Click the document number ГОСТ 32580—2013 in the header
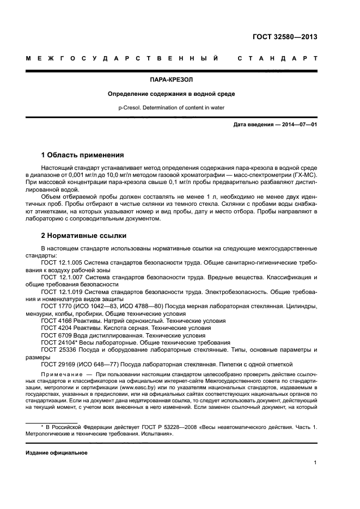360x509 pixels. [285, 37]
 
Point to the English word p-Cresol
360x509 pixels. [131, 108]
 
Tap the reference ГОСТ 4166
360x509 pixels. [57, 321]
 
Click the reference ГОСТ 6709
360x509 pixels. [57, 335]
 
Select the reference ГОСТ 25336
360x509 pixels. [58, 350]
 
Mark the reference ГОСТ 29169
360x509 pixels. [58, 364]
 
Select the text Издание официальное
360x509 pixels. [57, 452]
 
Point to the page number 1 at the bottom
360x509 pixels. [315, 463]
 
